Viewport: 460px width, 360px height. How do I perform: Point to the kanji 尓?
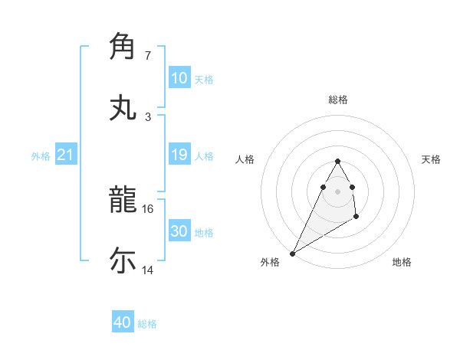click(x=123, y=260)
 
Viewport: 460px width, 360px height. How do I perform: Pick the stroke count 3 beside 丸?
click(x=148, y=116)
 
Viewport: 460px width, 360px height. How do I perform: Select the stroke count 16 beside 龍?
click(x=148, y=208)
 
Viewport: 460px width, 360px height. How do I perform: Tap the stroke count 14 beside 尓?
click(x=148, y=270)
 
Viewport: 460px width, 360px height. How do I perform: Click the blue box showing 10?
click(x=179, y=78)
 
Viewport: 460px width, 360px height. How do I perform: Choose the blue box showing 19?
click(x=179, y=155)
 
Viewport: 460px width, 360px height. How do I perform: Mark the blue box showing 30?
click(x=179, y=231)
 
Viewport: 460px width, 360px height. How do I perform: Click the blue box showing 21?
click(x=66, y=155)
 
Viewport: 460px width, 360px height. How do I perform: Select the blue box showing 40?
click(x=123, y=323)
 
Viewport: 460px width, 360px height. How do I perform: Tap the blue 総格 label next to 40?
click(x=147, y=324)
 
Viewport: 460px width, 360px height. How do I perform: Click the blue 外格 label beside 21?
click(x=41, y=156)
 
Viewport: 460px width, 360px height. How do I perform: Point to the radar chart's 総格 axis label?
click(x=337, y=100)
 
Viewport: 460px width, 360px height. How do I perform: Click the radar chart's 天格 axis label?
click(x=431, y=159)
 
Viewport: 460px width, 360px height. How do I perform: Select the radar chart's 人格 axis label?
click(x=245, y=159)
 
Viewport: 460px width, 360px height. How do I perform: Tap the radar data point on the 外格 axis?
click(x=292, y=253)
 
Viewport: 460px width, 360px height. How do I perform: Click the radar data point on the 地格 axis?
click(x=356, y=218)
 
